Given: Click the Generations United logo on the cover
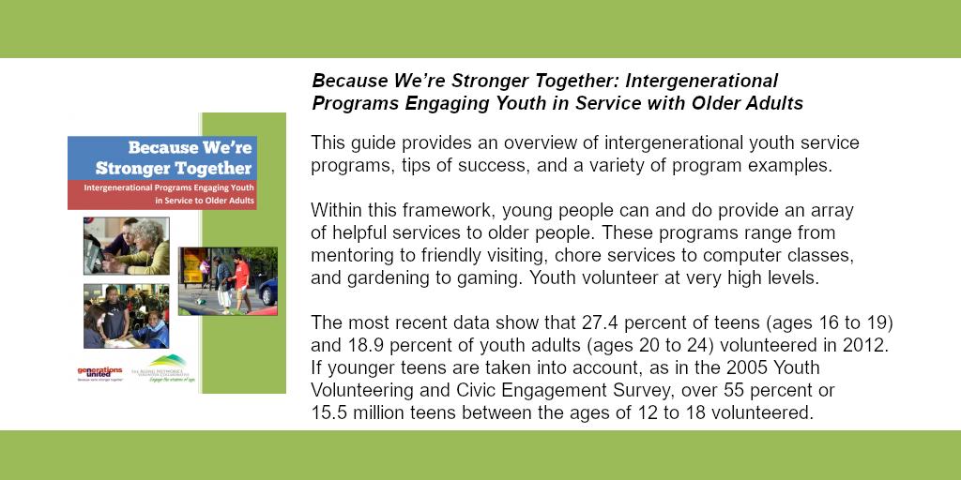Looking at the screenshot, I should click(x=99, y=374).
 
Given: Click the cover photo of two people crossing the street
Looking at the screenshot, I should click(x=227, y=280).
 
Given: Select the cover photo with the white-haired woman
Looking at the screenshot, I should click(x=127, y=246).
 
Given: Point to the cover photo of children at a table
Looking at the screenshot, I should click(x=126, y=316).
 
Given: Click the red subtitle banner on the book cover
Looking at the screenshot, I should click(x=161, y=194).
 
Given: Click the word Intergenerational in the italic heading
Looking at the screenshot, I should click(x=702, y=80).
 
